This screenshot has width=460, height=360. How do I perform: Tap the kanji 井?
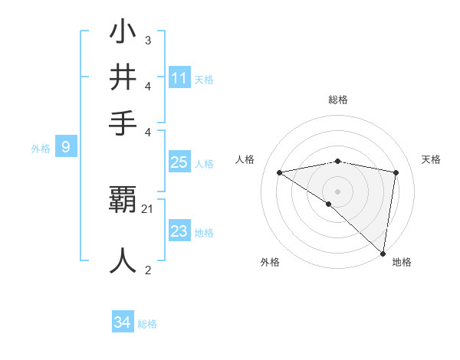pyautogui.click(x=123, y=77)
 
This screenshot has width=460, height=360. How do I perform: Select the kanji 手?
pyautogui.click(x=123, y=123)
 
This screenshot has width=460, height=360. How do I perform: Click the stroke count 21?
pyautogui.click(x=148, y=209)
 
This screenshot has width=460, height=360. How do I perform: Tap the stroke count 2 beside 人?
pyautogui.click(x=148, y=270)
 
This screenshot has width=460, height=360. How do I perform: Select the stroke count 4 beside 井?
pyautogui.click(x=148, y=87)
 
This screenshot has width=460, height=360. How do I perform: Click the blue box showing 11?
pyautogui.click(x=179, y=78)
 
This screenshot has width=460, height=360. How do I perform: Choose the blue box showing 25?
pyautogui.click(x=179, y=162)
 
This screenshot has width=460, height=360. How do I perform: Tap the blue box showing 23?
pyautogui.click(x=179, y=231)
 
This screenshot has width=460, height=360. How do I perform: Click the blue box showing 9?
pyautogui.click(x=65, y=148)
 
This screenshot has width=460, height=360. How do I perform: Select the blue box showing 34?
pyautogui.click(x=123, y=322)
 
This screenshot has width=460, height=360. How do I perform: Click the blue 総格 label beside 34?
pyautogui.click(x=147, y=324)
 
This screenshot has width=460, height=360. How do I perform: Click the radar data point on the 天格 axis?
pyautogui.click(x=396, y=172)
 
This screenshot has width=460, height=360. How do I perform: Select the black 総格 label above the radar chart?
pyautogui.click(x=338, y=100)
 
